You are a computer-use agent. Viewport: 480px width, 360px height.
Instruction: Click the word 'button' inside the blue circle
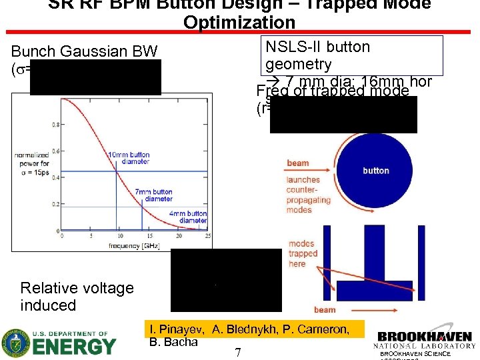click(376, 171)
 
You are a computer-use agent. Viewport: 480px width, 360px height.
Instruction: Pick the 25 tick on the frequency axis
click(209, 236)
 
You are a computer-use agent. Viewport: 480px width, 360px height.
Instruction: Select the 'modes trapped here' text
click(303, 253)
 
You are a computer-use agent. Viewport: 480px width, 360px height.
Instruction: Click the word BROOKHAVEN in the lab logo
click(424, 337)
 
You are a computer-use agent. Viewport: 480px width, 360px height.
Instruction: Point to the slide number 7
click(238, 351)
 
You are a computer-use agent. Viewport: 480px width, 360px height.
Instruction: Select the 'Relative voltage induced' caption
click(77, 297)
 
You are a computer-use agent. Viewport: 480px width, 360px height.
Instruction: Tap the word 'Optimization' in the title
click(239, 22)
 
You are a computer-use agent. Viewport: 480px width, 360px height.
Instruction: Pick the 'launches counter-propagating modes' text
click(308, 194)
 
